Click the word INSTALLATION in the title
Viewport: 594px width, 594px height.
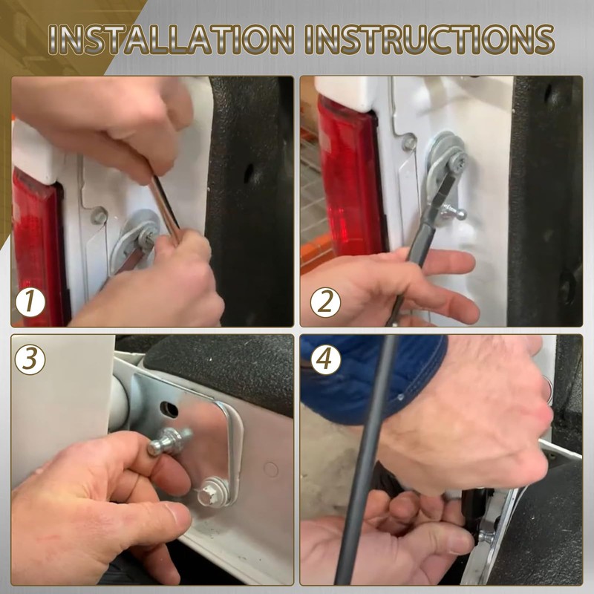click(172, 39)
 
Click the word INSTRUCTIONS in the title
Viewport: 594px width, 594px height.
click(430, 39)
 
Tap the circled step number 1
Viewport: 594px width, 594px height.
click(30, 302)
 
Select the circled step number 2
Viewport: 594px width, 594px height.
click(325, 302)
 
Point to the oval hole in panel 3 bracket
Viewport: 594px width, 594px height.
click(169, 410)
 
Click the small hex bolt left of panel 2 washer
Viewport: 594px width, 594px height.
click(409, 142)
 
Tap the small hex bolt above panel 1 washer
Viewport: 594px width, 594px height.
click(99, 216)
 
